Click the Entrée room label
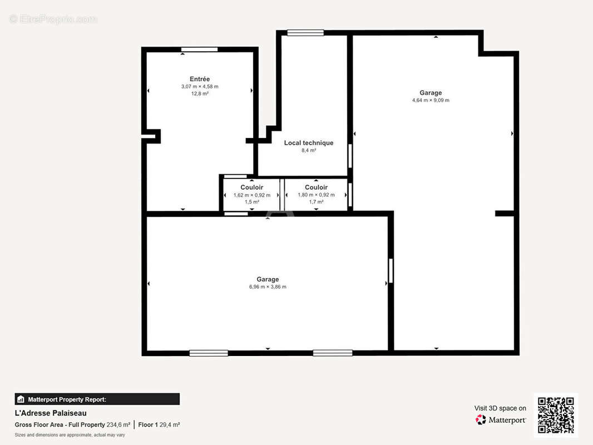(200, 79)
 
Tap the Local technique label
(309, 143)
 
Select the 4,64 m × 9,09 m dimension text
(431, 100)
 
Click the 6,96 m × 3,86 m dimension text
(268, 287)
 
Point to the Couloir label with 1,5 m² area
(252, 187)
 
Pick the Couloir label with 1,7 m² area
(316, 187)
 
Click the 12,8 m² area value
(200, 94)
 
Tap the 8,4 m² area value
(309, 151)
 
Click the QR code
(556, 415)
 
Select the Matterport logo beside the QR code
(501, 419)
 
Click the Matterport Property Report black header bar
(97, 399)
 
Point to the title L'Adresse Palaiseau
(51, 413)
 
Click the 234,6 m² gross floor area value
(118, 424)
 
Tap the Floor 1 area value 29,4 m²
(170, 424)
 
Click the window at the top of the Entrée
(199, 50)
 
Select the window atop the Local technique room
(305, 33)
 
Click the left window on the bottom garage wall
(209, 353)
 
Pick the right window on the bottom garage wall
(333, 353)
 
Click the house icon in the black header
(21, 399)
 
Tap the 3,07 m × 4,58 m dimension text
(200, 87)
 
